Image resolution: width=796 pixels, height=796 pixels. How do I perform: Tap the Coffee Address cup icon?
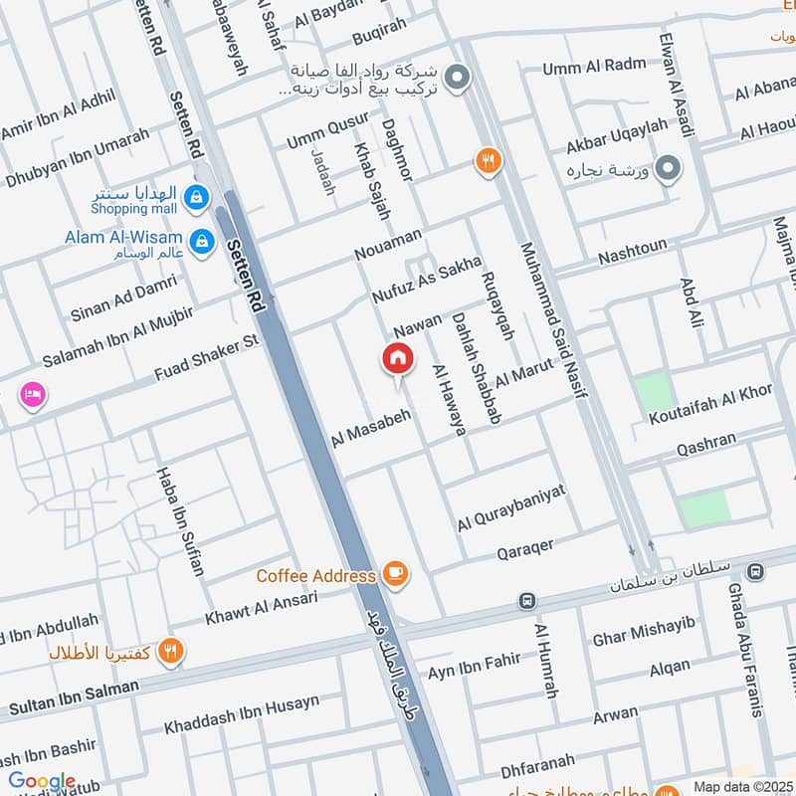coord(395,574)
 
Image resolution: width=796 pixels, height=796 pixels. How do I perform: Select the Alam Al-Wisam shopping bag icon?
coord(202,240)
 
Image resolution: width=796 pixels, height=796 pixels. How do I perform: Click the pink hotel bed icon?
coord(31,395)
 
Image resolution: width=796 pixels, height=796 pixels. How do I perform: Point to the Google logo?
coord(42,782)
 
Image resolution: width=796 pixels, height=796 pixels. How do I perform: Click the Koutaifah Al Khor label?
coord(710,404)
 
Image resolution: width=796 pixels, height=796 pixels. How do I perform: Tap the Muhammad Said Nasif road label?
coord(548,321)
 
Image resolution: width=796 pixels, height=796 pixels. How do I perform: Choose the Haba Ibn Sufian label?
coord(180,520)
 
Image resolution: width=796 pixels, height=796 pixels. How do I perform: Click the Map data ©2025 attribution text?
coord(740,786)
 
